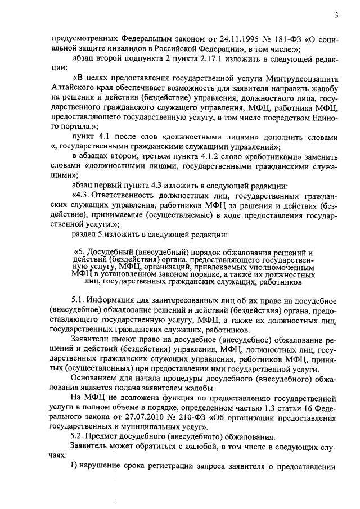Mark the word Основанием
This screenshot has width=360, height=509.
[94, 380]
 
